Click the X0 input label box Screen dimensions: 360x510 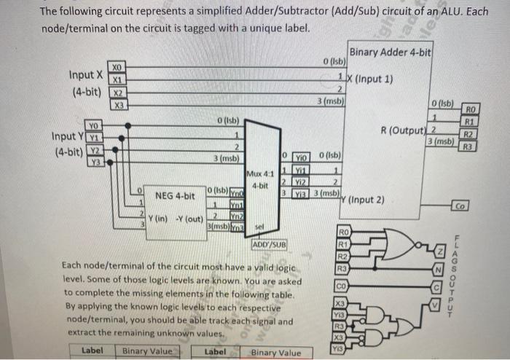(118, 66)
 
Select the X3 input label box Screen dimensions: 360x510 (118, 104)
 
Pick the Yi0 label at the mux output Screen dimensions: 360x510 (302, 155)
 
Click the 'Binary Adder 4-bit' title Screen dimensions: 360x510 (391, 52)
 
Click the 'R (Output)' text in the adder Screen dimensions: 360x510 (401, 131)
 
